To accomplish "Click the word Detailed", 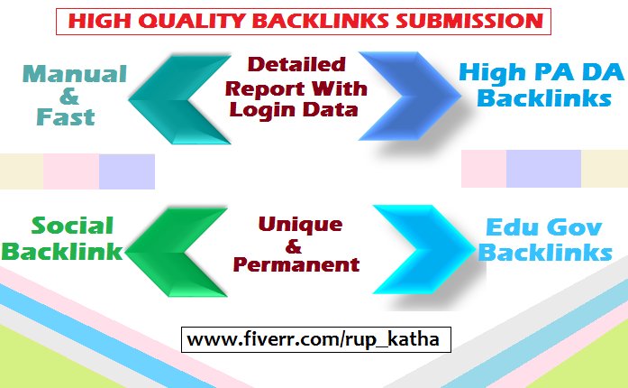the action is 296,66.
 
